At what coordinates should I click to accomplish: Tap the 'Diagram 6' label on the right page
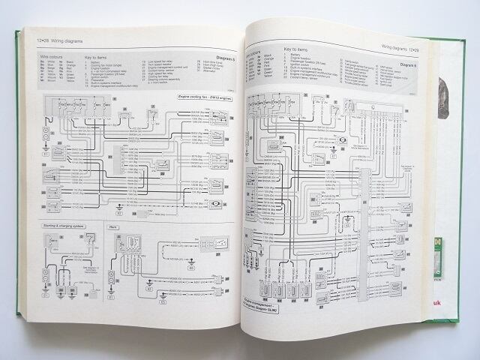(x=410, y=66)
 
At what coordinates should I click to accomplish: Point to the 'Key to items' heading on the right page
(x=298, y=49)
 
